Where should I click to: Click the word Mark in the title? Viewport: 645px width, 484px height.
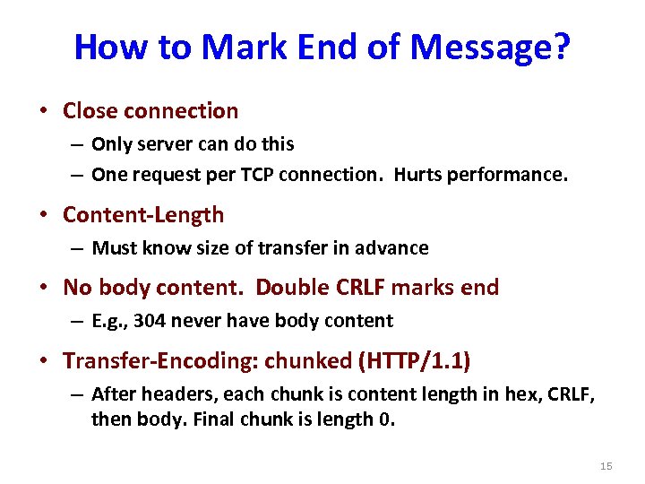coord(237,47)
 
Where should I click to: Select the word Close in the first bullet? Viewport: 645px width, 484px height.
coord(90,111)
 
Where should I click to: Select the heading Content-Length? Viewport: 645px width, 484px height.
coord(143,215)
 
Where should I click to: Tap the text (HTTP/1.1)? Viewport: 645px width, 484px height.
coord(415,360)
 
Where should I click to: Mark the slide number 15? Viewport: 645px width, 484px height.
coord(606,466)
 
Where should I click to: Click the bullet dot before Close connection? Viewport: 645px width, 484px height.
coord(44,112)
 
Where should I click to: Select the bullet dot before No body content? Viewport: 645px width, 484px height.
coord(44,288)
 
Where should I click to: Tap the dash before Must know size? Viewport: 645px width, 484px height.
coord(78,248)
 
